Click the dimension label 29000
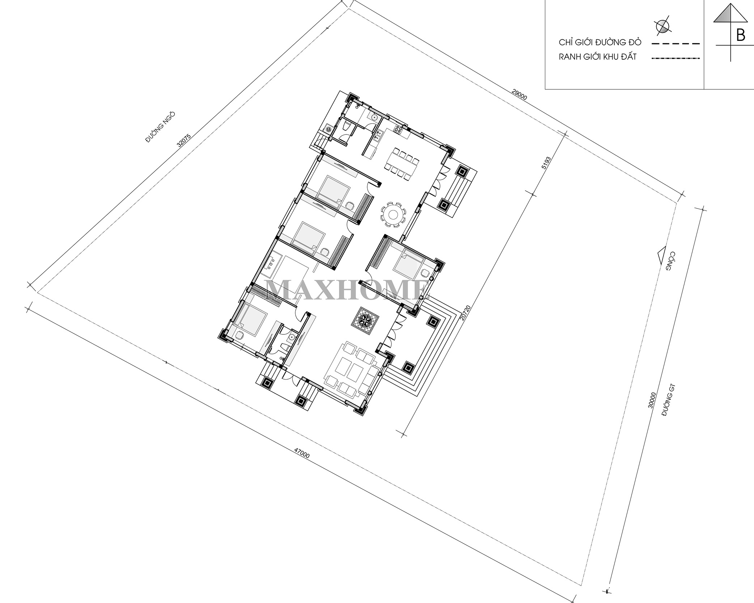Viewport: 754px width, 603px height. [520, 95]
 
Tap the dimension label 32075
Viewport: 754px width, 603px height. [184, 140]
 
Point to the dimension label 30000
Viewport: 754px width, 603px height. [651, 400]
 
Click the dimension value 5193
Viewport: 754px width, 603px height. [546, 163]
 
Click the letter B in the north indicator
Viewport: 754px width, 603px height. [741, 35]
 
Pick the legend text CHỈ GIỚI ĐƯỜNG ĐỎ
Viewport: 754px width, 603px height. [600, 42]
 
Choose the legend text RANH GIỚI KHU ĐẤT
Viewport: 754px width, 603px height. [598, 57]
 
